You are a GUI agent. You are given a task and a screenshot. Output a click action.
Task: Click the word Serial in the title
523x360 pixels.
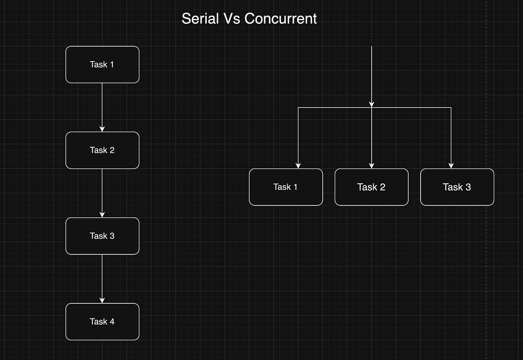coord(200,19)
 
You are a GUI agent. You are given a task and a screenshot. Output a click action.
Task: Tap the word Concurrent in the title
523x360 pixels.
coord(281,19)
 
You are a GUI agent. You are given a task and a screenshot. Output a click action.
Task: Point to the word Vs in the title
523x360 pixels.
coord(232,19)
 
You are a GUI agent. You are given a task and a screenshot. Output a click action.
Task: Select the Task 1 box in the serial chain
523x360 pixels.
coord(102,64)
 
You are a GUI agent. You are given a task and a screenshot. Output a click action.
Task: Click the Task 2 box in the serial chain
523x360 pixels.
coord(102,150)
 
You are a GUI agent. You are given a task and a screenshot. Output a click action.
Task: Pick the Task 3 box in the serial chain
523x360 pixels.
coord(102,236)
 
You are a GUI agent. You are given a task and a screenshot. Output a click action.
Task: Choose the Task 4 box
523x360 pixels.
coord(102,322)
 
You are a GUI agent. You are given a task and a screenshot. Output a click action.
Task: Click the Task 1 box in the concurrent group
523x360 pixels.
coord(286,187)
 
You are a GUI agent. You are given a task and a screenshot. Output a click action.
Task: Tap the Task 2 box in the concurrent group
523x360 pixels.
coord(372,187)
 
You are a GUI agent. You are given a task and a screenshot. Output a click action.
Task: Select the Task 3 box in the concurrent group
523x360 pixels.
coord(457,187)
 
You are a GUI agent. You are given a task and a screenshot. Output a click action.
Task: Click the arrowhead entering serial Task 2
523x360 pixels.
coord(102,129)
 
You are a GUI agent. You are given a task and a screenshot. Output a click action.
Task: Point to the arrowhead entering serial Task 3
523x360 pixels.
coord(102,215)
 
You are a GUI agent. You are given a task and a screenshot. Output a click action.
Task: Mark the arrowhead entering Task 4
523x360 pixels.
coord(102,301)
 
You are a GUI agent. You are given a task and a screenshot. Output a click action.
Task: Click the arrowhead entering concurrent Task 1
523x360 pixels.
coord(298,166)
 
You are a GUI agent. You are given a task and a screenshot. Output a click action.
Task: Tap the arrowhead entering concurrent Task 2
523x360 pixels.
coord(372,166)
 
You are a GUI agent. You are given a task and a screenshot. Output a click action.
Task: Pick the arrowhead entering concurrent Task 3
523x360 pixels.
coord(451,166)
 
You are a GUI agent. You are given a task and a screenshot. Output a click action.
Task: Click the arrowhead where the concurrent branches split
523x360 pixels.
coord(372,105)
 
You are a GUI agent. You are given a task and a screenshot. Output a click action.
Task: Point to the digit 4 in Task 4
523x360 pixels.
coord(112,322)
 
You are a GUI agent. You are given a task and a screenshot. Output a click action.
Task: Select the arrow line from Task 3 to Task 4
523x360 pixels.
coord(102,279)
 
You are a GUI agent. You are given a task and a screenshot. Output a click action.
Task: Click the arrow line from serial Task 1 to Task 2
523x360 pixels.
coord(102,108)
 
